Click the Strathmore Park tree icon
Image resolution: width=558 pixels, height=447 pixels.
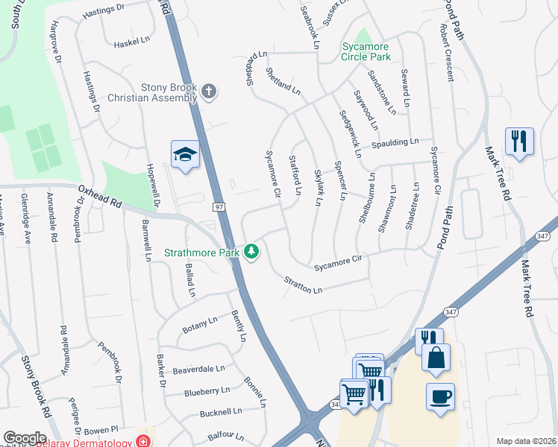click(x=253, y=252)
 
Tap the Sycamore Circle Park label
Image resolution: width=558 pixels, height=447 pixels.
click(x=366, y=51)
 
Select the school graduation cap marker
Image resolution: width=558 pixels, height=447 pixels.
click(x=185, y=154)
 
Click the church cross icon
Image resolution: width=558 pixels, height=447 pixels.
click(x=210, y=92)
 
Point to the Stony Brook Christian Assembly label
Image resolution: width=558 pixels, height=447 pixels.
click(x=152, y=92)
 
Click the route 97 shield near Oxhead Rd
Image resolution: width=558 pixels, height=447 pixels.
click(x=219, y=206)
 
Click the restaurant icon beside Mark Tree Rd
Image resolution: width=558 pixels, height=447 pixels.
click(x=519, y=141)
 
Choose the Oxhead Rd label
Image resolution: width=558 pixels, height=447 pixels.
click(x=99, y=196)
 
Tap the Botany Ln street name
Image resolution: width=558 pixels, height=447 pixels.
click(x=199, y=325)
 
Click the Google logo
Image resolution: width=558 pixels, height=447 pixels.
click(x=25, y=438)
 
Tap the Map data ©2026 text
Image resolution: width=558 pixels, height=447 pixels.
click(x=525, y=441)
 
